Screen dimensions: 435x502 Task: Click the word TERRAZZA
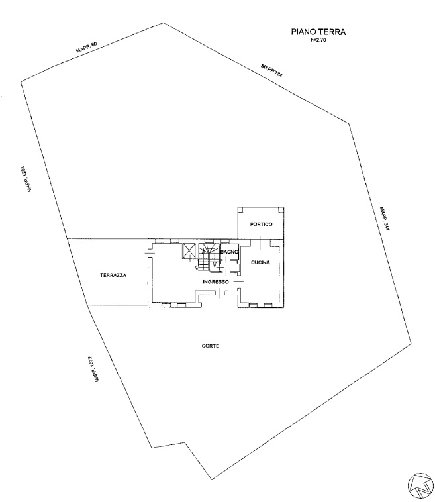click(113, 275)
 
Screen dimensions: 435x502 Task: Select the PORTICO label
click(262, 225)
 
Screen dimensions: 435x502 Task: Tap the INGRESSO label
click(216, 282)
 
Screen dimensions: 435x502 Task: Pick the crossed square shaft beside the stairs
click(189, 251)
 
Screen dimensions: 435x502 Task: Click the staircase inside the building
click(210, 258)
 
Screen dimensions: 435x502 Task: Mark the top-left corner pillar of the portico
click(242, 210)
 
